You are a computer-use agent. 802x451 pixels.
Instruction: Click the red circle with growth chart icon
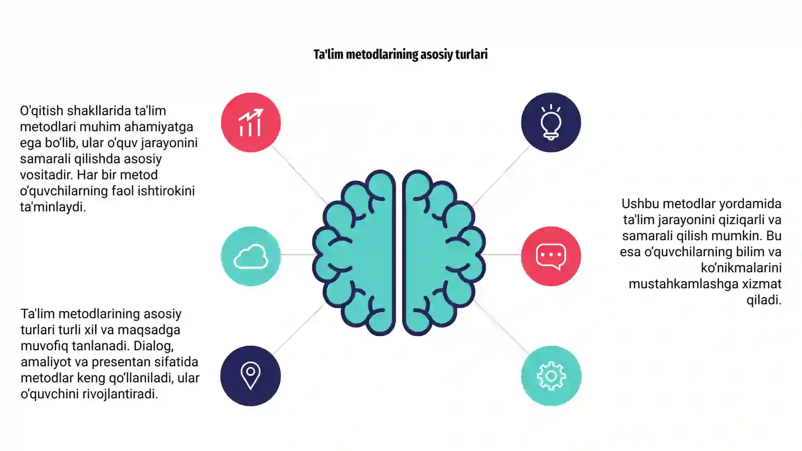pos(251,122)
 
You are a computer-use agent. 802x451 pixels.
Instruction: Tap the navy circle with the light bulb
pos(551,122)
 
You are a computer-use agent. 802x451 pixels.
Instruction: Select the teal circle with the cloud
pos(251,256)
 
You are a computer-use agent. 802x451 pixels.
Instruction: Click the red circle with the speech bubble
pos(551,256)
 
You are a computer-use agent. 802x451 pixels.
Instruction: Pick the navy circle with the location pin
pos(251,376)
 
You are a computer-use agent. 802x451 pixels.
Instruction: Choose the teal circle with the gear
pos(551,376)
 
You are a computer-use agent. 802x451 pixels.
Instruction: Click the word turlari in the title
pos(471,55)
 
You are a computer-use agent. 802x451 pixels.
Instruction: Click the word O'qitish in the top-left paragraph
pos(42,111)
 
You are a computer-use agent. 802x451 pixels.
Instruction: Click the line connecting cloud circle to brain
pos(298,255)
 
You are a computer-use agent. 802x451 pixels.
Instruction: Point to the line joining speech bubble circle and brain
pos(502,255)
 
